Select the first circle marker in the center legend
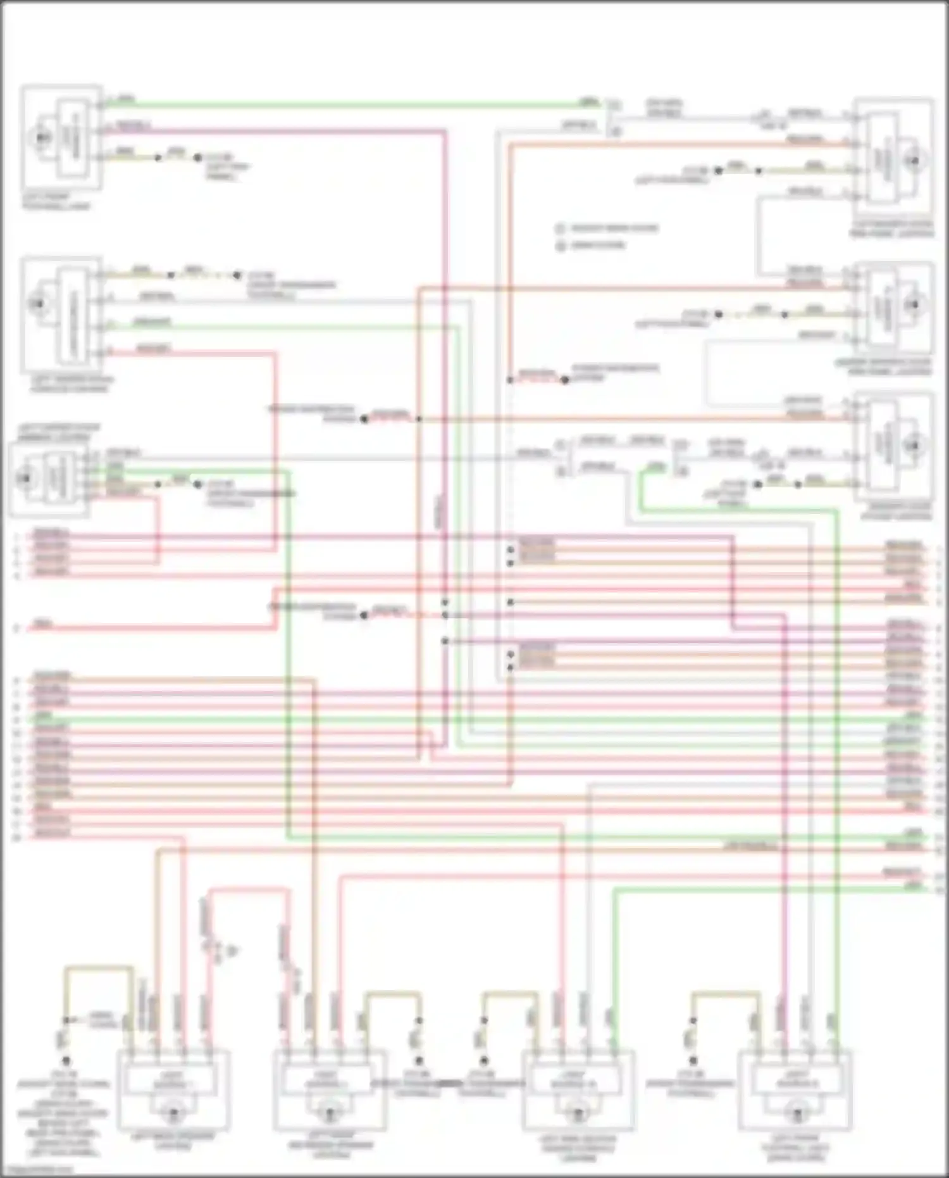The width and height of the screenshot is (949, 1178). point(560,229)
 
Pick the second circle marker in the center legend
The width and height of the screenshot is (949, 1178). point(560,246)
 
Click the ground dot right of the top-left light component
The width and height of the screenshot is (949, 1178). point(197,158)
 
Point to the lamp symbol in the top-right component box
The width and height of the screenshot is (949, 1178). point(913,161)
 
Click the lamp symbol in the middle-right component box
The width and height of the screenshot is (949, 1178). point(914,306)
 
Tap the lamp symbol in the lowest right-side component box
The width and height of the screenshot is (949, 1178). point(914,446)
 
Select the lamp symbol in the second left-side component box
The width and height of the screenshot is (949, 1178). point(37,304)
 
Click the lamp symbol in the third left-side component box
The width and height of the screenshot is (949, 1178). point(26,478)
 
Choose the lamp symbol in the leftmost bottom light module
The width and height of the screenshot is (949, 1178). point(172,1112)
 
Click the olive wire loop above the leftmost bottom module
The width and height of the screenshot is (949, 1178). point(98,968)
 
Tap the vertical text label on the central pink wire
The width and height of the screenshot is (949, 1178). point(440,513)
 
